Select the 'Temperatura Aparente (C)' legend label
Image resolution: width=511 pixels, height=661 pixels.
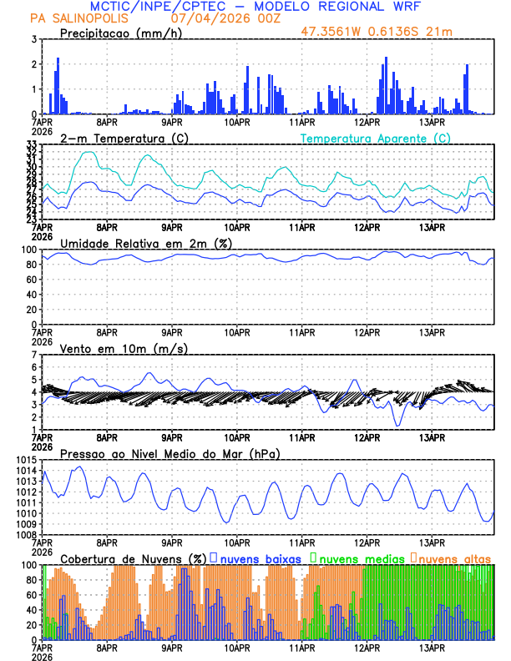(x=376, y=138)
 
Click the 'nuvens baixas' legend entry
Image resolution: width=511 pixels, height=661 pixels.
(x=255, y=558)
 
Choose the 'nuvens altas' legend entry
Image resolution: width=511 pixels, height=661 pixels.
(x=453, y=558)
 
